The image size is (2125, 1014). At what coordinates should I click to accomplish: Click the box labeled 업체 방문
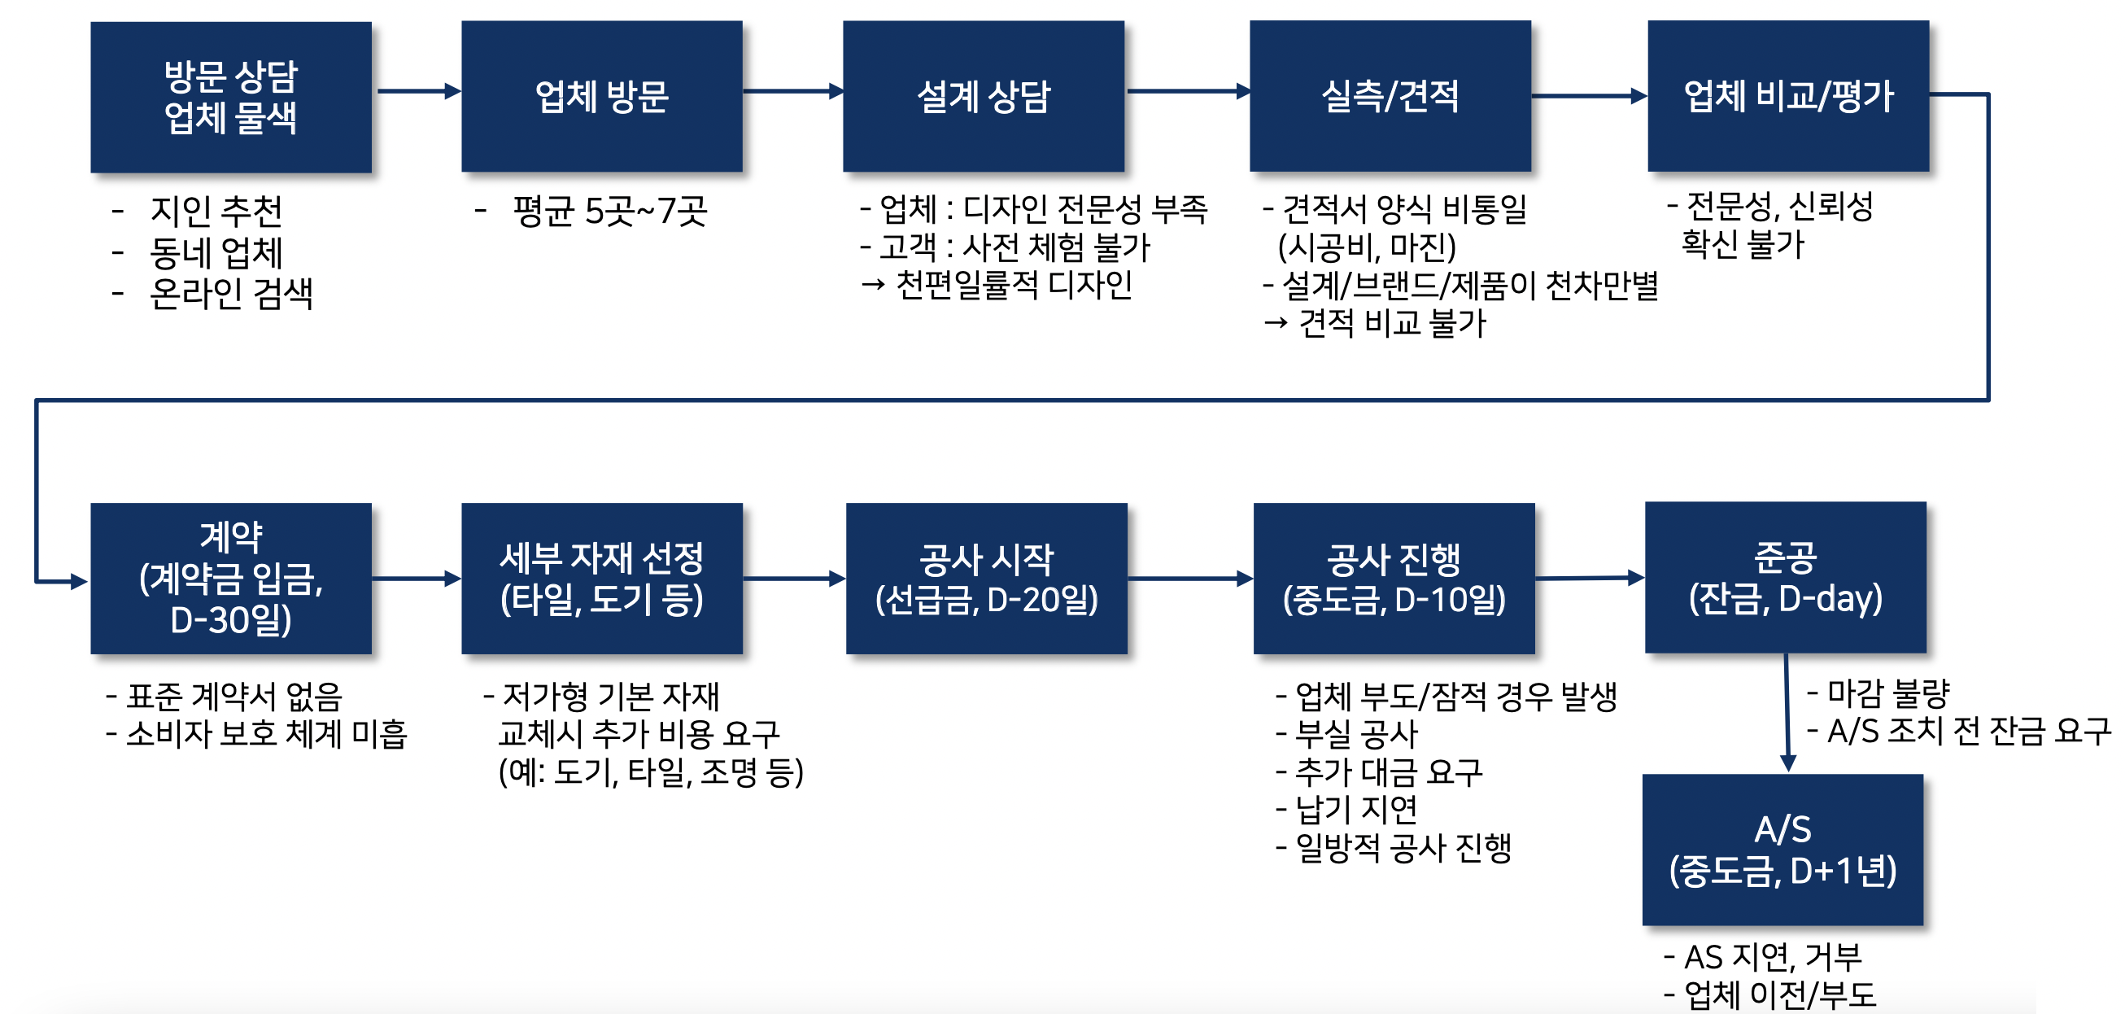(601, 97)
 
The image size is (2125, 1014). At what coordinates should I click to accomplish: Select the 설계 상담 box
(984, 97)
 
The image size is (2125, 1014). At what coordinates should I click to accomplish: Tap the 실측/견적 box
(1390, 97)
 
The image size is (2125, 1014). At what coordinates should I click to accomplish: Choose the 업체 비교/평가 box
(1787, 97)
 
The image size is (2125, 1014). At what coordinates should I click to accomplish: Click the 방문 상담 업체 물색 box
(231, 98)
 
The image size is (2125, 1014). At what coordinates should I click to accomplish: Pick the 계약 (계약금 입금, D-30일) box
(231, 579)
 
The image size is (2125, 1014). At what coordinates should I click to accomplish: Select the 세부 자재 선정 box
(601, 579)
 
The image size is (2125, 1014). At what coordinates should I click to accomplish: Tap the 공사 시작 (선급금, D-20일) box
(987, 579)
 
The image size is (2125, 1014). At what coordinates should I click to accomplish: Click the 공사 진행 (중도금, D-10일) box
(1394, 579)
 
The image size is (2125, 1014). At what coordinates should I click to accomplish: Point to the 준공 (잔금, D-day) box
(1785, 578)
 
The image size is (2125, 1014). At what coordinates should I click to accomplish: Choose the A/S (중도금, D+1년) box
(1782, 850)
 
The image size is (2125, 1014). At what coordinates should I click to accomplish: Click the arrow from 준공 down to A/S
(1787, 714)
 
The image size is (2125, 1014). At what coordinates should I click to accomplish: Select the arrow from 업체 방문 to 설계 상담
(792, 92)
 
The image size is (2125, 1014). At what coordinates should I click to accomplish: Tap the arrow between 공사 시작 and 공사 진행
(1190, 579)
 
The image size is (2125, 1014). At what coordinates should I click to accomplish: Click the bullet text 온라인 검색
(231, 294)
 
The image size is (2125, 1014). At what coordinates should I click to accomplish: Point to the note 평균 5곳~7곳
(609, 212)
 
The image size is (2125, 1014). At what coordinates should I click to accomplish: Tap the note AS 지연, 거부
(1772, 957)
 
